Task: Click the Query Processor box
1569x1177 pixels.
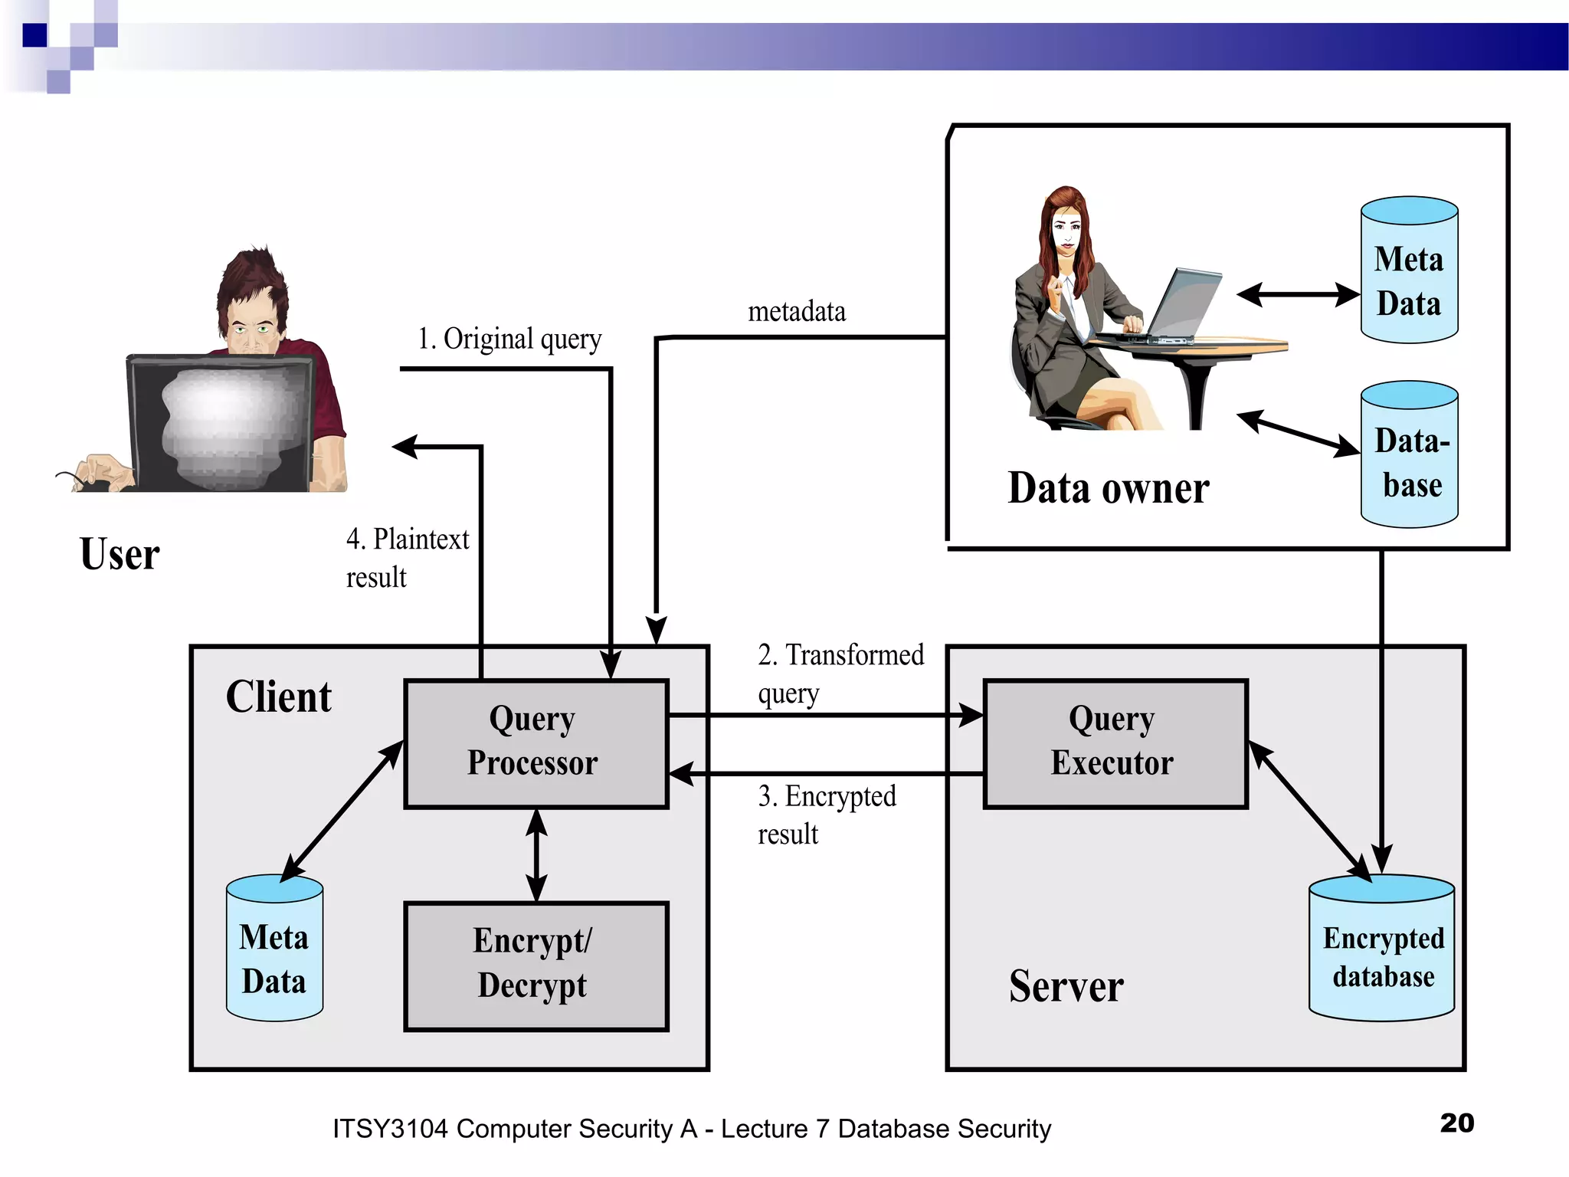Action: [x=536, y=743]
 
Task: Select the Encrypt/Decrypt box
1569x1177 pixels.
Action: [x=536, y=966]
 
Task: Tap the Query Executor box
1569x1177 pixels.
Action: [x=1115, y=743]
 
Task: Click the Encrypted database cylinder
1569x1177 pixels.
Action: [x=1381, y=950]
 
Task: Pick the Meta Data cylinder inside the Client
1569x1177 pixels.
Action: [x=274, y=950]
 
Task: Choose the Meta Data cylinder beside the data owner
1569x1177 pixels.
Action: [x=1408, y=272]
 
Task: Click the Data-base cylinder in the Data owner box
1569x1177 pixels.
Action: [x=1408, y=456]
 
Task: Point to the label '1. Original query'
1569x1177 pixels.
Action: [x=509, y=339]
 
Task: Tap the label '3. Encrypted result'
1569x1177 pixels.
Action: [x=826, y=814]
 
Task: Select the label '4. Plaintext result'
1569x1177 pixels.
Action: [x=406, y=557]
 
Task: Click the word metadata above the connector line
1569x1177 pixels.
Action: [x=797, y=312]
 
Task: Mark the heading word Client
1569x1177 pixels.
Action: [x=278, y=697]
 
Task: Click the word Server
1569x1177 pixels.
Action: [x=1066, y=986]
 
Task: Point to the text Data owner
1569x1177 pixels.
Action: [x=1108, y=488]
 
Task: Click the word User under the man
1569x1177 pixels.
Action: [x=120, y=554]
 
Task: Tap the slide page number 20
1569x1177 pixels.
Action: [x=1456, y=1123]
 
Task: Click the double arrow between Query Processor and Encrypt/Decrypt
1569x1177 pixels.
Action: [x=536, y=854]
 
